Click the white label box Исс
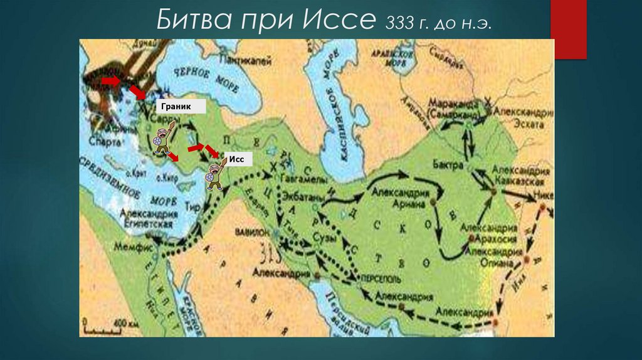(237, 159)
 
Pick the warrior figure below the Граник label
(162, 138)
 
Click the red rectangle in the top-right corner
(568, 29)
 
